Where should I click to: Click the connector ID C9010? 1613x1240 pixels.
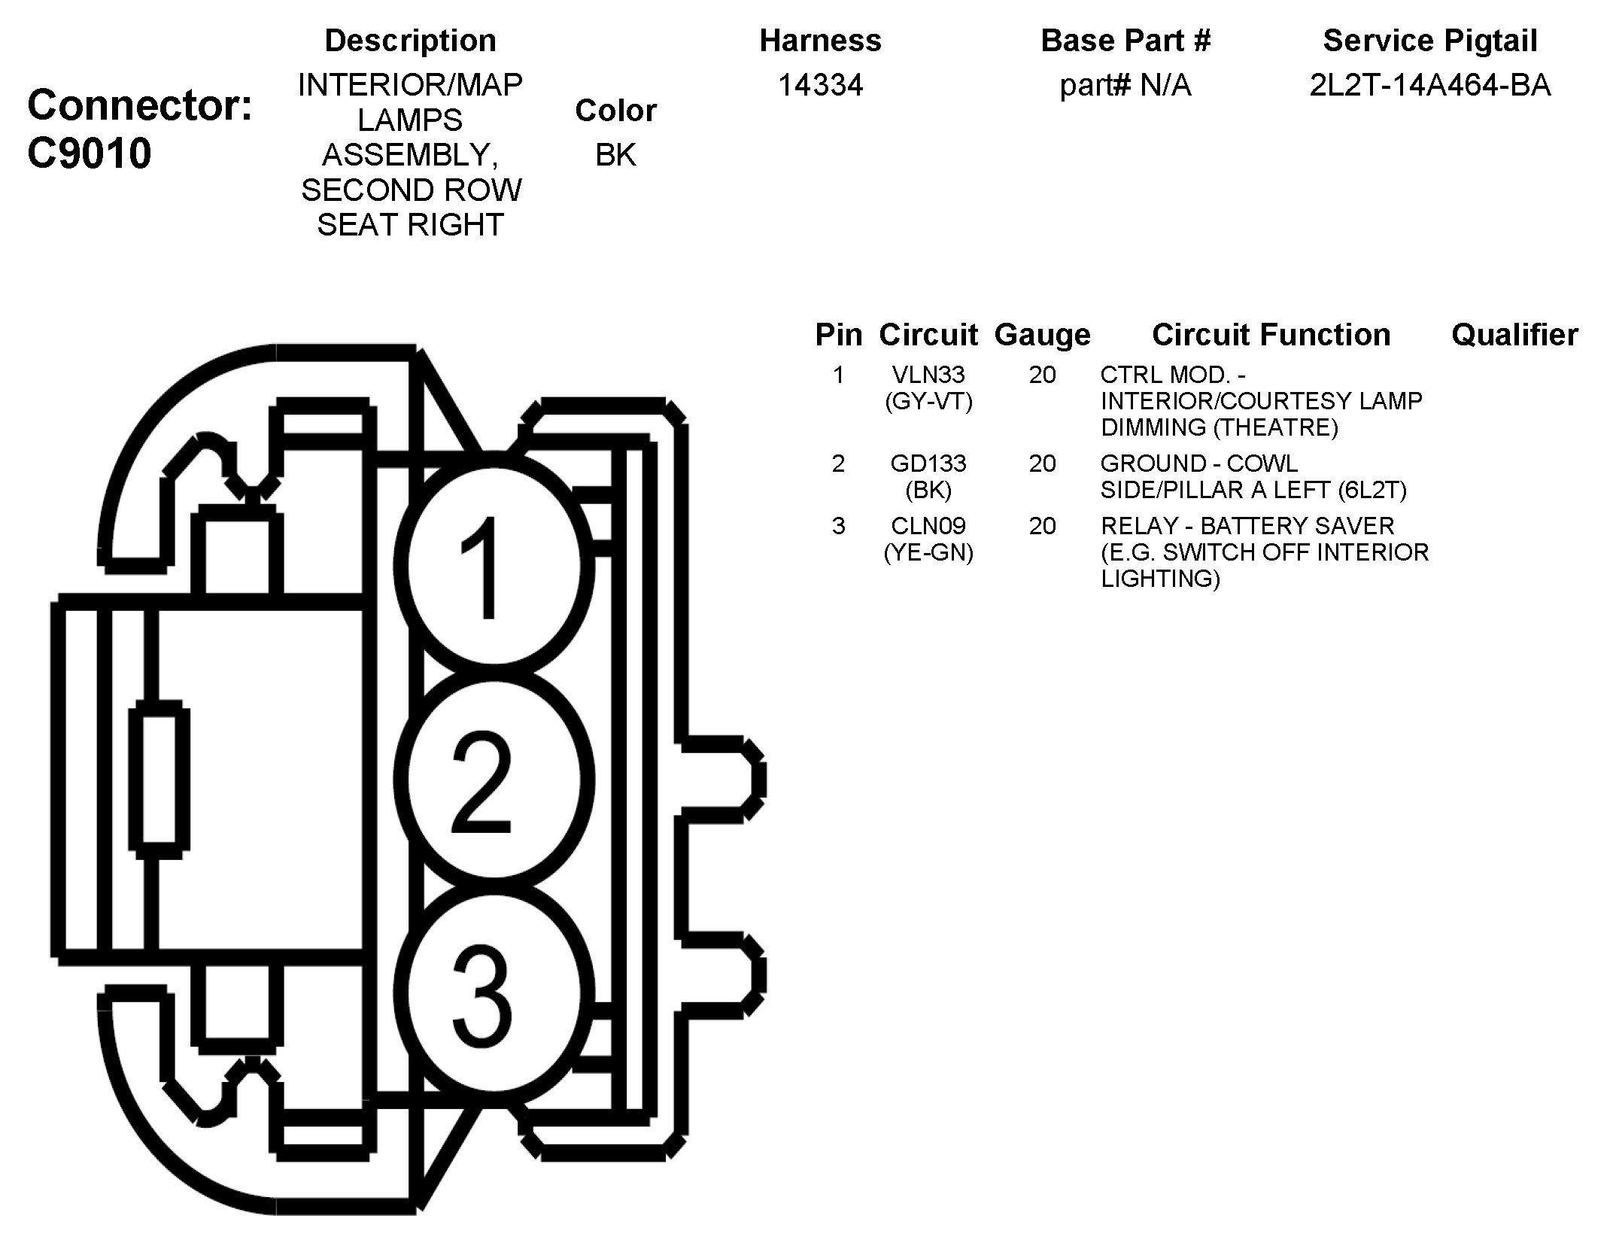[x=89, y=153]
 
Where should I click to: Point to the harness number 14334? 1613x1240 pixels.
[x=820, y=85]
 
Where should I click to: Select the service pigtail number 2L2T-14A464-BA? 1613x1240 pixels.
[x=1429, y=85]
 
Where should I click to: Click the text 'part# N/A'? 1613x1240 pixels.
[x=1125, y=85]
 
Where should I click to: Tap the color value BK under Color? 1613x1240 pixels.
[x=615, y=155]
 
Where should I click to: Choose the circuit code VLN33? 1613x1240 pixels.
[x=928, y=375]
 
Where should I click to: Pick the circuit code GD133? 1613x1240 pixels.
[x=928, y=463]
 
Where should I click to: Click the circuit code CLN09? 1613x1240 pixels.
[x=928, y=526]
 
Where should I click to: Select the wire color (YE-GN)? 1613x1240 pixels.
[x=928, y=553]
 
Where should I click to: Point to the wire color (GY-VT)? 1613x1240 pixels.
[x=928, y=402]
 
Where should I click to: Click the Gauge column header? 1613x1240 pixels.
[x=1042, y=335]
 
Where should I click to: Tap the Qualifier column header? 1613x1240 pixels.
[x=1514, y=335]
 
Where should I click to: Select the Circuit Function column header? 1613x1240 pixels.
[x=1271, y=335]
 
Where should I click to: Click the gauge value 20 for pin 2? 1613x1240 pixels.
[x=1042, y=463]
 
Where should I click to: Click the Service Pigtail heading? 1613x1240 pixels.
[x=1429, y=41]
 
